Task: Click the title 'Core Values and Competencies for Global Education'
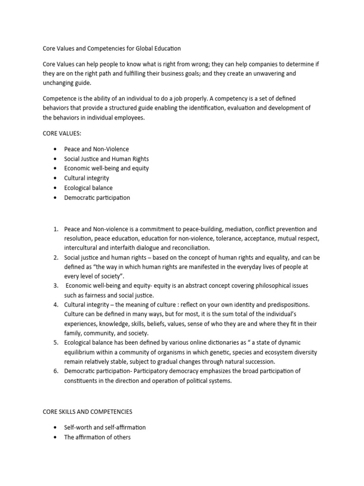(x=111, y=48)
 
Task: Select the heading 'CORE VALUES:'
(x=62, y=134)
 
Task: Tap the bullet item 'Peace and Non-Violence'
(x=96, y=149)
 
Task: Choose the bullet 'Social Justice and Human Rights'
(x=106, y=159)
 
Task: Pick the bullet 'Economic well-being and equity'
(x=106, y=168)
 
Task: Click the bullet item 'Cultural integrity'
(x=87, y=178)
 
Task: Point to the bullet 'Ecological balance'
(x=89, y=188)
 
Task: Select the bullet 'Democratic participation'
(x=97, y=197)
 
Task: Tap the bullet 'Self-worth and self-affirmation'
(x=105, y=427)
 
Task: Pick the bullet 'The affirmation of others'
(x=97, y=437)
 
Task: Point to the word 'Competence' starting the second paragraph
(x=60, y=98)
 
